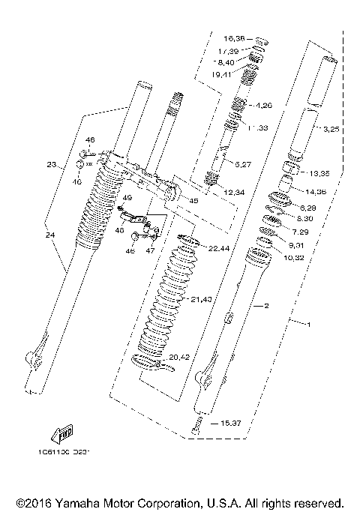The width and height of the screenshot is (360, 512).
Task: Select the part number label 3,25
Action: [x=331, y=130]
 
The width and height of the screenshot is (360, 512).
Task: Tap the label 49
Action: [x=127, y=199]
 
